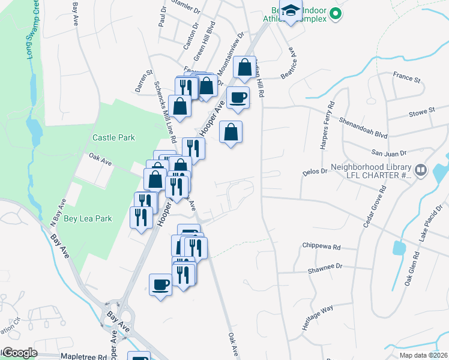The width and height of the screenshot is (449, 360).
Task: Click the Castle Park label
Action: tap(113, 137)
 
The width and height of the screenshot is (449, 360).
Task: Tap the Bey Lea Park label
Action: tap(88, 219)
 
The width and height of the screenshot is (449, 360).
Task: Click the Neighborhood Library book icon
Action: tap(421, 171)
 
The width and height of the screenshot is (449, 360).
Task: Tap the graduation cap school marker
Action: tap(291, 12)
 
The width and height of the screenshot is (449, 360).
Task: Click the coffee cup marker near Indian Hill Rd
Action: tap(238, 97)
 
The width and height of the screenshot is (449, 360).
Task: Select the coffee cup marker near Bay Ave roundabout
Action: tap(160, 284)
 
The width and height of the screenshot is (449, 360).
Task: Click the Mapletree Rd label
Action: tap(67, 356)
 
